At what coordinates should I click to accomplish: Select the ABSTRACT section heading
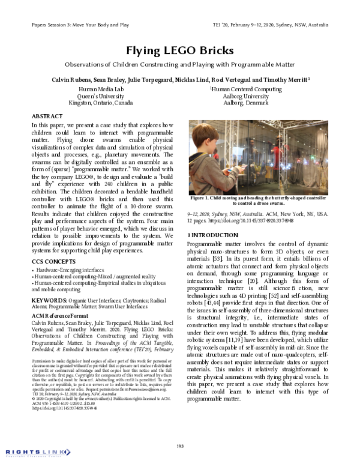[46, 115]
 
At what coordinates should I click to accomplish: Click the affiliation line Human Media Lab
[100, 88]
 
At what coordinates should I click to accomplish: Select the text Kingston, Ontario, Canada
[100, 103]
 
